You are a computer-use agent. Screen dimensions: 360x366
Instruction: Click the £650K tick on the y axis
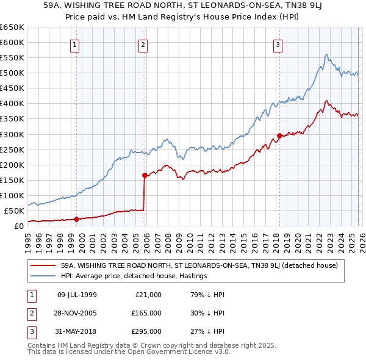click(x=12, y=27)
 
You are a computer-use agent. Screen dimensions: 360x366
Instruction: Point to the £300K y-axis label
click(x=12, y=134)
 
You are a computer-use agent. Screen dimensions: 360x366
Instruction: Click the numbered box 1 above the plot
click(x=74, y=44)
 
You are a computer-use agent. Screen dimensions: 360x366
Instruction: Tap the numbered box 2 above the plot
click(x=143, y=44)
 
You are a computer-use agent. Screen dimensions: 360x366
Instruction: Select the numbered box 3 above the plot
click(x=278, y=44)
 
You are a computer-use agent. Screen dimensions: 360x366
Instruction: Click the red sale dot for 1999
click(x=76, y=220)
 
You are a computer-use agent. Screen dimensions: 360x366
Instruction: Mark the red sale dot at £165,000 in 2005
click(x=145, y=175)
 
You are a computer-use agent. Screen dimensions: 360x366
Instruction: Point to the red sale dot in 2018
click(x=279, y=135)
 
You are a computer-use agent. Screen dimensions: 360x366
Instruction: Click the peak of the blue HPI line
click(x=327, y=55)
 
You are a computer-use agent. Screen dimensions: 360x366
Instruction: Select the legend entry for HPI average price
click(x=134, y=276)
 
